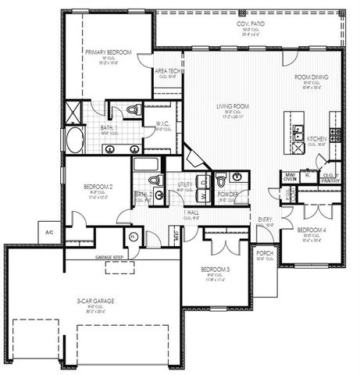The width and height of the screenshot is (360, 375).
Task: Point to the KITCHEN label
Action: [x=316, y=138]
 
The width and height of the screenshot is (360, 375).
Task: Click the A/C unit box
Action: [x=48, y=232]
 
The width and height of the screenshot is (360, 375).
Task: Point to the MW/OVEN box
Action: [x=289, y=177]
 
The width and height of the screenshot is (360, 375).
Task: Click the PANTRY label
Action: [x=330, y=179]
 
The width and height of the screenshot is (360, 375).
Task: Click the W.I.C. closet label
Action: [x=163, y=123]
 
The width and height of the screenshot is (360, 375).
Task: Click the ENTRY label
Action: [x=264, y=220]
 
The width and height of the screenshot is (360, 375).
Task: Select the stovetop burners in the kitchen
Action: [x=337, y=135]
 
